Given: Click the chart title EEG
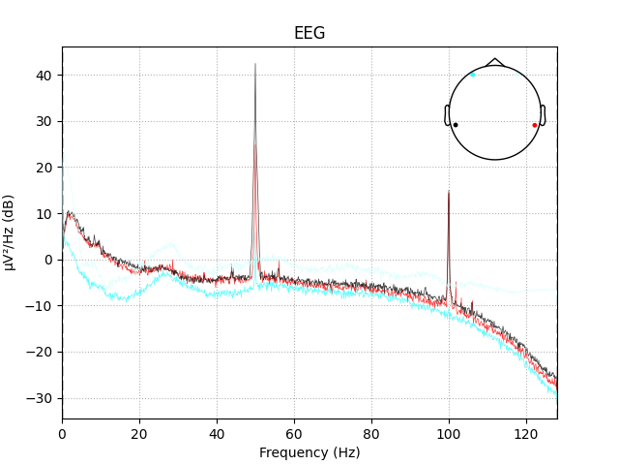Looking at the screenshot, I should pos(309,33).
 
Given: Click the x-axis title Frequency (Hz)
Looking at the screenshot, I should pos(309,452).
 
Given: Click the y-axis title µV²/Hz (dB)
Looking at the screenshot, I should pos(10,232).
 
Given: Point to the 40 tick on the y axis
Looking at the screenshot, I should pos(45,76).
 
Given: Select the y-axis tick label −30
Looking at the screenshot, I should pos(43,398).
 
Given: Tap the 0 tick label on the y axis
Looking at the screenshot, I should pos(49,260).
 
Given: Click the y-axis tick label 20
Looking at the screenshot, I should pos(45,168).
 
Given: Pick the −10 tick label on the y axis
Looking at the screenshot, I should pos(43,306).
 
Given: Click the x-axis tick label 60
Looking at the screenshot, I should pos(294,432).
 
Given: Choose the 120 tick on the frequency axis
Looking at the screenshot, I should pos(526,432).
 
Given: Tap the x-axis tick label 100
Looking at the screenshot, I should pos(449,432).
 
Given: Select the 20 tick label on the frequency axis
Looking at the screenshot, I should pos(139,432).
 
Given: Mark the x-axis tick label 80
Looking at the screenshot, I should pos(371,432).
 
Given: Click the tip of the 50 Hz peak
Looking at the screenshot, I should pos(255,64).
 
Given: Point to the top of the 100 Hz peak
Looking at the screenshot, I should pos(449,190).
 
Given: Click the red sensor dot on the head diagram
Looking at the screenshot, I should pos(534,125).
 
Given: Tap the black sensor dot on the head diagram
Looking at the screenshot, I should pos(456,125).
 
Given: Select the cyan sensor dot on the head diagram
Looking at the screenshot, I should pos(473,75).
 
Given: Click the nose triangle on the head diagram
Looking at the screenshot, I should pos(495,61).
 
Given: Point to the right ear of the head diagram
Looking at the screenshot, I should pos(544,115).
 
